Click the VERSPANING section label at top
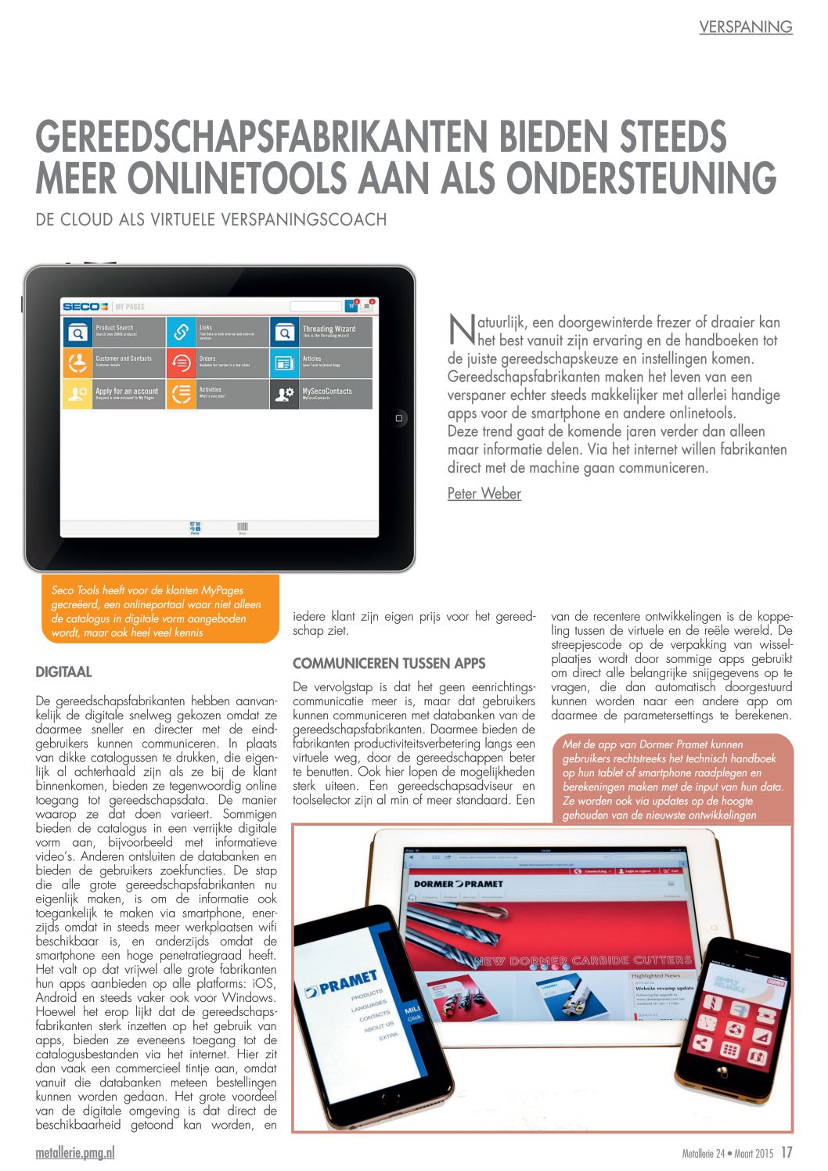tap(745, 27)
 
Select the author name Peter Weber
tap(484, 493)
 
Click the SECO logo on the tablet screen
tap(85, 306)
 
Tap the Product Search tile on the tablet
tap(114, 331)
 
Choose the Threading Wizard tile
tap(322, 331)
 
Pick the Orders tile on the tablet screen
tap(218, 362)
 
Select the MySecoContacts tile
tap(322, 394)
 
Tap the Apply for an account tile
tap(114, 394)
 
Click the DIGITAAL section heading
tap(64, 672)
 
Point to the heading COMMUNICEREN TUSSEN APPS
tap(389, 663)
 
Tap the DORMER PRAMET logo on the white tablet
tap(458, 883)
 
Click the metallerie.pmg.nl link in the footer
tap(75, 1153)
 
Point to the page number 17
tap(787, 1152)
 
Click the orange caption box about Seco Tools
tap(157, 611)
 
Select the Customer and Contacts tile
tap(114, 362)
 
